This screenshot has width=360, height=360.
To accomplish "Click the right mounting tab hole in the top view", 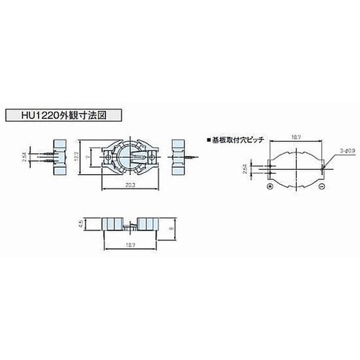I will pos(152,156).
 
